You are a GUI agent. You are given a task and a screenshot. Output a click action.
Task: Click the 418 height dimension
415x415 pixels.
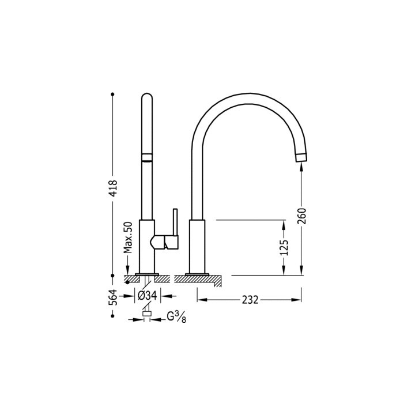[x=114, y=188]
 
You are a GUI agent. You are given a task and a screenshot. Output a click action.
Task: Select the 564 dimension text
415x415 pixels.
[x=114, y=296]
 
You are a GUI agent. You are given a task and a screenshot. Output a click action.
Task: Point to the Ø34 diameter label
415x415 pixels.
[x=148, y=296]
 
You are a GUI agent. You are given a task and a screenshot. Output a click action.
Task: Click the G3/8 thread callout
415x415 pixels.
[x=175, y=316]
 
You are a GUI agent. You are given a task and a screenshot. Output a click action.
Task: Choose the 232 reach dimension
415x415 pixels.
[x=250, y=300]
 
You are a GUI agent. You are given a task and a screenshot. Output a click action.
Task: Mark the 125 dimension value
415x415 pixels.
[x=284, y=247]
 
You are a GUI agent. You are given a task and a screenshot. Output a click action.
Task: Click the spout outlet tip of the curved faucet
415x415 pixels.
[x=302, y=157]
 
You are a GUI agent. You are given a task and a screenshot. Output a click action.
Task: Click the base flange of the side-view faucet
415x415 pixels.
[x=197, y=274]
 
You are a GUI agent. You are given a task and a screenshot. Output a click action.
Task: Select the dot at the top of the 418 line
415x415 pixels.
[x=114, y=93]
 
